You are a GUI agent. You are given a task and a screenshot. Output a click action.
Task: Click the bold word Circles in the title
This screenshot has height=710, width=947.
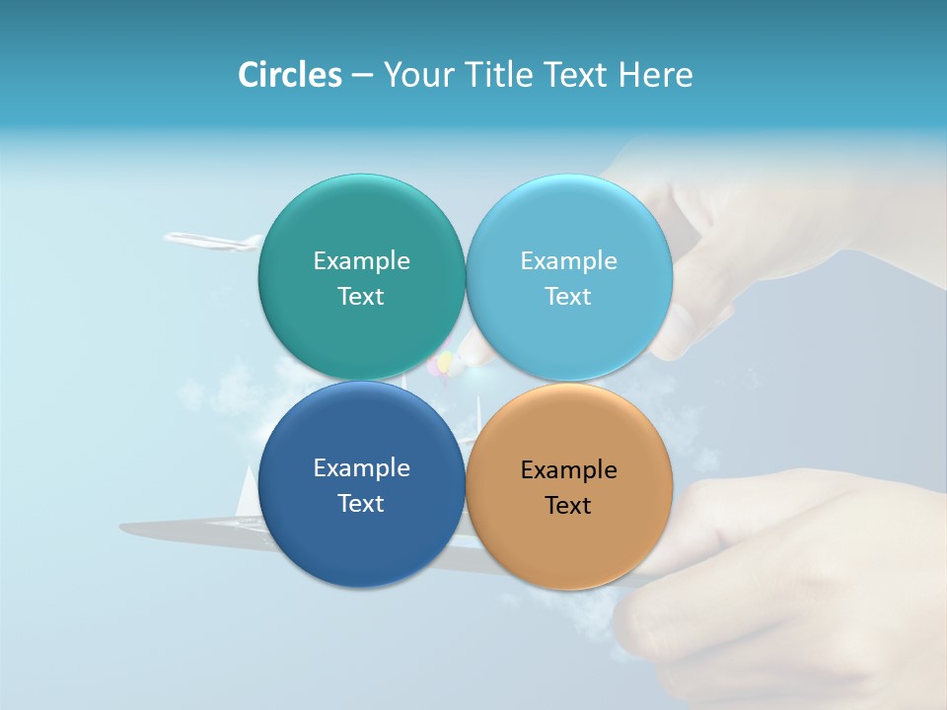point(290,75)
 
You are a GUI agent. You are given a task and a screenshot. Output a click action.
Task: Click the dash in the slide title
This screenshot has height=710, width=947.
point(362,75)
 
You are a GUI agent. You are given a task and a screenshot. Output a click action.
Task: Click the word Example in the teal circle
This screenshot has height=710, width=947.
point(361,260)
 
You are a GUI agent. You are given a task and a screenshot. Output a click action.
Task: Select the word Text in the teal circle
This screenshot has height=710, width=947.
point(361,296)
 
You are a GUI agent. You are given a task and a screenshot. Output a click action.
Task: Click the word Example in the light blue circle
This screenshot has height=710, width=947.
point(569,260)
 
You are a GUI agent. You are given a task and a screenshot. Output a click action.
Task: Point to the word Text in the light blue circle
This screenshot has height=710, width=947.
point(569,296)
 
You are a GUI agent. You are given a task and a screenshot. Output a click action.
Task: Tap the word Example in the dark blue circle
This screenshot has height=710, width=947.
point(361,467)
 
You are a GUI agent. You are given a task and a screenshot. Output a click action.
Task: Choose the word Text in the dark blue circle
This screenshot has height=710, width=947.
point(361,503)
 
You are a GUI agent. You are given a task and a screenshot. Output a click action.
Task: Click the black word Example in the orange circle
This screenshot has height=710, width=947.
point(569,469)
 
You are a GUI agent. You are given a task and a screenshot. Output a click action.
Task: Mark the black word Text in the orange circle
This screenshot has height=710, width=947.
point(569,505)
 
